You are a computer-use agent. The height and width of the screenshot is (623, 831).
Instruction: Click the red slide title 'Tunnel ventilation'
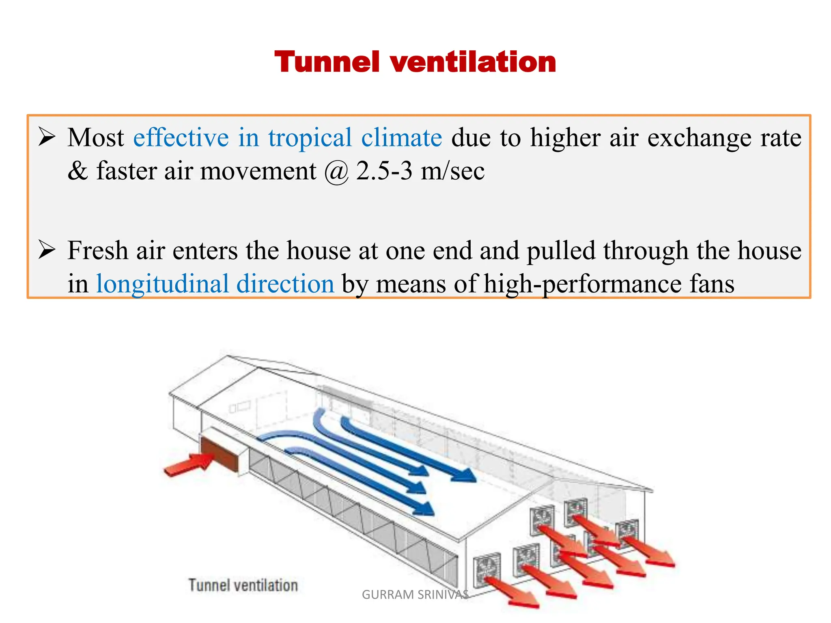[415, 62]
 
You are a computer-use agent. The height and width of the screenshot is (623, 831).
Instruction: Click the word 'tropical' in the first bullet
[310, 138]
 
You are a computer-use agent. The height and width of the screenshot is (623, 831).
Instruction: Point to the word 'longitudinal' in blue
[162, 284]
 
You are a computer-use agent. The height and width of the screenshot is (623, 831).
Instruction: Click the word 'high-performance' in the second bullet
[583, 284]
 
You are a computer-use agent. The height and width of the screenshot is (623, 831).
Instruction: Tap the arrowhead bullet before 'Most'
[46, 137]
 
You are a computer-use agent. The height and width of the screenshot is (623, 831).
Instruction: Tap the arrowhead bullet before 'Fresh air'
[46, 250]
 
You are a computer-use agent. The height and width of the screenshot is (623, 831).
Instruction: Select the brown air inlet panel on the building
[219, 453]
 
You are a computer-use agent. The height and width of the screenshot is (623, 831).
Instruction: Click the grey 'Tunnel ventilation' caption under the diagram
[243, 585]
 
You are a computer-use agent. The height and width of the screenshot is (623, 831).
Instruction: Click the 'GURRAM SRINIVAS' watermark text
[415, 595]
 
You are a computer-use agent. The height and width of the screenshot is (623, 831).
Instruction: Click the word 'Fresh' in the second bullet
[98, 250]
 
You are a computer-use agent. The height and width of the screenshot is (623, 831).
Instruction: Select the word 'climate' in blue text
[401, 138]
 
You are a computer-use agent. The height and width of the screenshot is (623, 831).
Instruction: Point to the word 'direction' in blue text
[285, 284]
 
